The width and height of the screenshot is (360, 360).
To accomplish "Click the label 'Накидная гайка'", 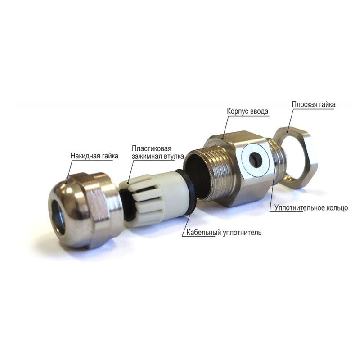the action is tap(94, 156).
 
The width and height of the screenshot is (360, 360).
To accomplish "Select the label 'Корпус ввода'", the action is tap(247, 111).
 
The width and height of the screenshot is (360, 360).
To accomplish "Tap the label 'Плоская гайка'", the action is tap(313, 104).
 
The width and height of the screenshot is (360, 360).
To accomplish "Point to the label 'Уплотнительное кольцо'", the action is tap(311, 208).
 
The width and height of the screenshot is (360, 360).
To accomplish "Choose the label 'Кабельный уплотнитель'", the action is tap(224, 232).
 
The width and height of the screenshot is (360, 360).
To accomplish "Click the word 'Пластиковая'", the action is tap(152, 148).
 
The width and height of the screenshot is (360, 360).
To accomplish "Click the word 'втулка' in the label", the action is tap(173, 156).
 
